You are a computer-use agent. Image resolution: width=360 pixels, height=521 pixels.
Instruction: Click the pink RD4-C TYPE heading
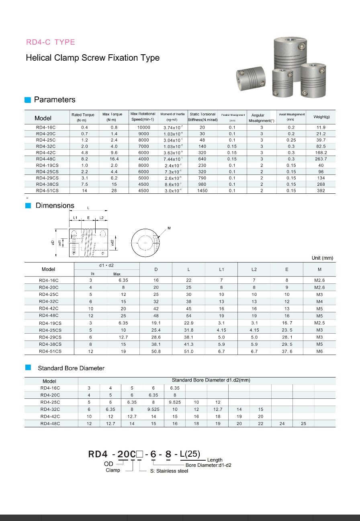pyautogui.click(x=51, y=42)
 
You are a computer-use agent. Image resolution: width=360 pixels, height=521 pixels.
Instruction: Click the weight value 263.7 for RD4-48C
pyautogui.click(x=321, y=159)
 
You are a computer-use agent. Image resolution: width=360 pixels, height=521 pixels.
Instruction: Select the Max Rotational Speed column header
pyautogui.click(x=143, y=117)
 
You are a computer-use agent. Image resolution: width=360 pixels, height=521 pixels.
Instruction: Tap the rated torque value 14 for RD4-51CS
pyautogui.click(x=84, y=191)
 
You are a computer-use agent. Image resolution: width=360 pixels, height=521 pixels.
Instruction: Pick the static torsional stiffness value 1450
pyautogui.click(x=202, y=191)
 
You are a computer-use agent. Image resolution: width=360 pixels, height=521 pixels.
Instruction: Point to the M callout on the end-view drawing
pyautogui.click(x=169, y=228)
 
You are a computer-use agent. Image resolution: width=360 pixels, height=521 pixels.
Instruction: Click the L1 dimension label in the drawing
pyautogui.click(x=75, y=218)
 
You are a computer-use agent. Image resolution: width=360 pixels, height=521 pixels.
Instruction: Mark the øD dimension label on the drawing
pyautogui.click(x=53, y=242)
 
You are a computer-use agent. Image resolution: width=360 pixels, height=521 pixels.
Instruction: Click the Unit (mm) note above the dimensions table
pyautogui.click(x=322, y=258)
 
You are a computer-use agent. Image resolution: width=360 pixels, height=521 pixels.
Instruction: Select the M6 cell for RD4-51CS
pyautogui.click(x=319, y=351)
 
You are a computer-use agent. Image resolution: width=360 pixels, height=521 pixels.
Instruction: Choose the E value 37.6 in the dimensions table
pyautogui.click(x=287, y=351)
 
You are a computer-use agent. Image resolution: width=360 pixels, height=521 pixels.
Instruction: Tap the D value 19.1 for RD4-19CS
pyautogui.click(x=156, y=323)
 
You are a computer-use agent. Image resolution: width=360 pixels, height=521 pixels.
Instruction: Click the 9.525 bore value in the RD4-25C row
pyautogui.click(x=175, y=402)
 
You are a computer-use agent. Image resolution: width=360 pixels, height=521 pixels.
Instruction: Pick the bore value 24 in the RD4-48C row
pyautogui.click(x=282, y=423)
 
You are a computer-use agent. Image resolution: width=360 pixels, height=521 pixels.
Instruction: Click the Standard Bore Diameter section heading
pyautogui.click(x=71, y=368)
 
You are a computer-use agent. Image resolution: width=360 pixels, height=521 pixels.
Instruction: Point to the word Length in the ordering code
pyautogui.click(x=215, y=460)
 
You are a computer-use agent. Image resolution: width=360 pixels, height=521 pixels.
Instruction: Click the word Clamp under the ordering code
pyautogui.click(x=113, y=470)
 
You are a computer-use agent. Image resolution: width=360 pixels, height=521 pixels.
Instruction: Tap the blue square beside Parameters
pyautogui.click(x=28, y=100)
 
